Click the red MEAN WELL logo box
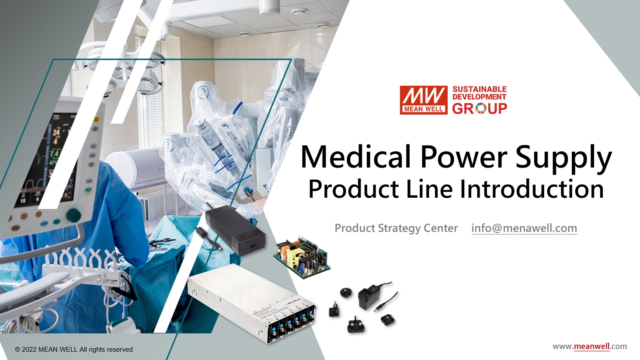(424, 100)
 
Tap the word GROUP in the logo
(480, 108)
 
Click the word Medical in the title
(356, 157)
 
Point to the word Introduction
(532, 189)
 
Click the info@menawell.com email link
(524, 228)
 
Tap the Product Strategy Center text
(396, 228)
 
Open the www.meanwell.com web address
(590, 346)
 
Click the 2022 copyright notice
(74, 350)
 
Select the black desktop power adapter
(234, 230)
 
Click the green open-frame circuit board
(302, 257)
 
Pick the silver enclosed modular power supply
(252, 303)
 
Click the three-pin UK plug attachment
(356, 325)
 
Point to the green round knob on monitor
(73, 215)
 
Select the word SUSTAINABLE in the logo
(480, 89)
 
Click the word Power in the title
(463, 157)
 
